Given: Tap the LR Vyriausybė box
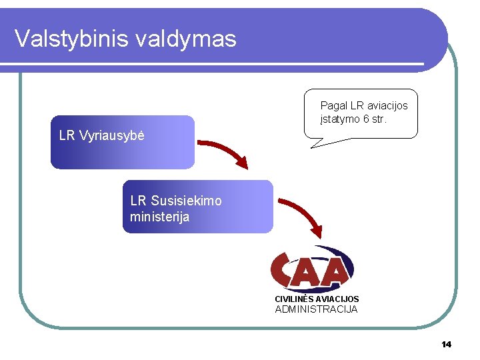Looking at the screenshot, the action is tap(123, 143).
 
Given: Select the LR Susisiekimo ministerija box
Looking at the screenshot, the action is tap(198, 207).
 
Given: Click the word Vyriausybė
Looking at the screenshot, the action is tap(111, 136).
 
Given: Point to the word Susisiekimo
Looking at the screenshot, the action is tap(187, 201).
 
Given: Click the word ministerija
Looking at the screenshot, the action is tap(160, 217).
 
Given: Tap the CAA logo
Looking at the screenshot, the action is tap(311, 269).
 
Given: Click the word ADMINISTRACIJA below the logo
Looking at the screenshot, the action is tap(317, 309).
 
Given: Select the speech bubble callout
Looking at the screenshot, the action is tap(361, 113).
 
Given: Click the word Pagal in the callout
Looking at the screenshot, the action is tap(333, 106).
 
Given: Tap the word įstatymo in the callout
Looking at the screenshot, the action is tap(340, 120).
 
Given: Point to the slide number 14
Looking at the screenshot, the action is tap(447, 345).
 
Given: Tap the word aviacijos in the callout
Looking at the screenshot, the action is tap(387, 106).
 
